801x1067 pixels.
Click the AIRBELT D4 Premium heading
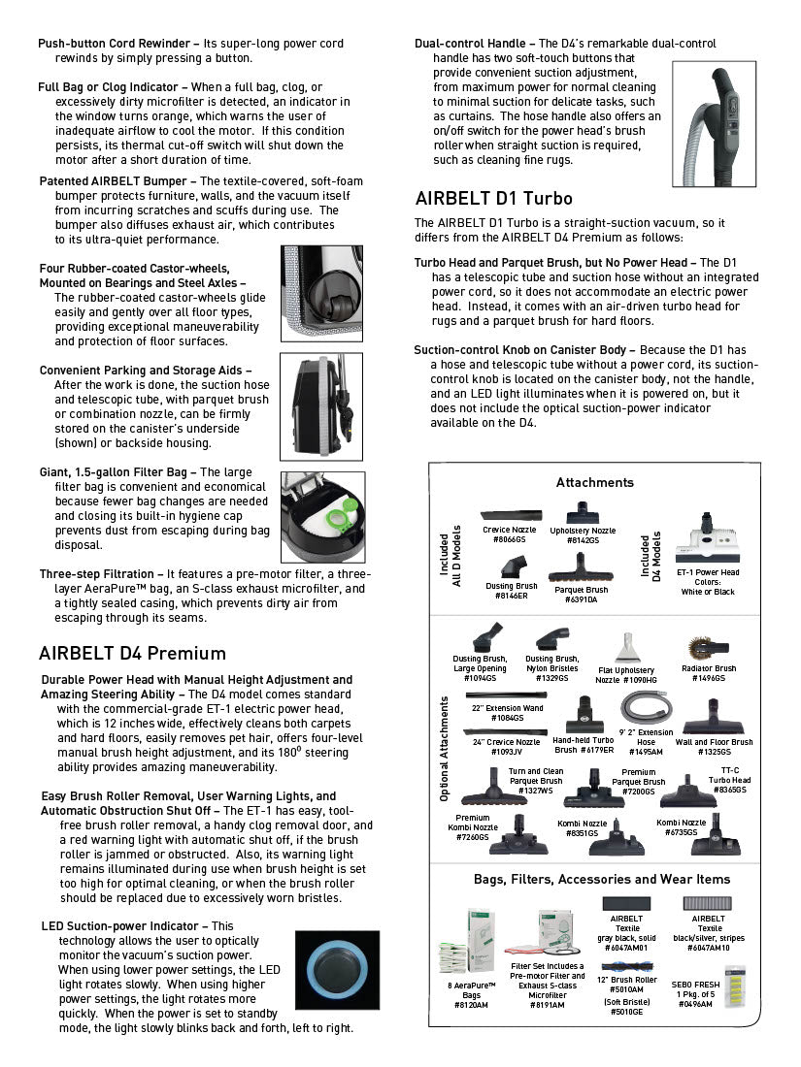pos(132,653)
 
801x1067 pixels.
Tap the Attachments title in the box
pos(594,482)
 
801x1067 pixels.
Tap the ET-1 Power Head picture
pos(707,546)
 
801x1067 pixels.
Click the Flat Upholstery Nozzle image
pos(626,647)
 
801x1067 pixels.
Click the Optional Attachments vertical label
pos(444,746)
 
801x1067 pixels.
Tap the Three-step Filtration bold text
pos(96,574)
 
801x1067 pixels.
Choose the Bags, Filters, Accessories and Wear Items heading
pos(601,880)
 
